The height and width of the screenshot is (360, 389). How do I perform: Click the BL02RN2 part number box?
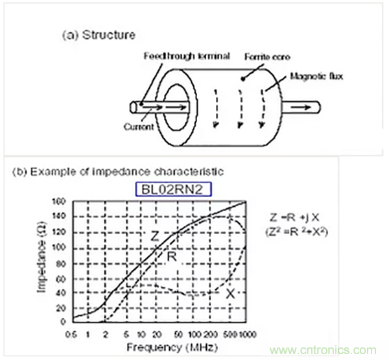(173, 189)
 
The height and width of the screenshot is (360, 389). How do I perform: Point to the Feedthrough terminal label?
(188, 56)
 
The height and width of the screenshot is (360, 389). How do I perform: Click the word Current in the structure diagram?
(137, 126)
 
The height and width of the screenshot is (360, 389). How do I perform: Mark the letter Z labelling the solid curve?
(155, 237)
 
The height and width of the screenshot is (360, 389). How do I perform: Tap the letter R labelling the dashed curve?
(172, 258)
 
